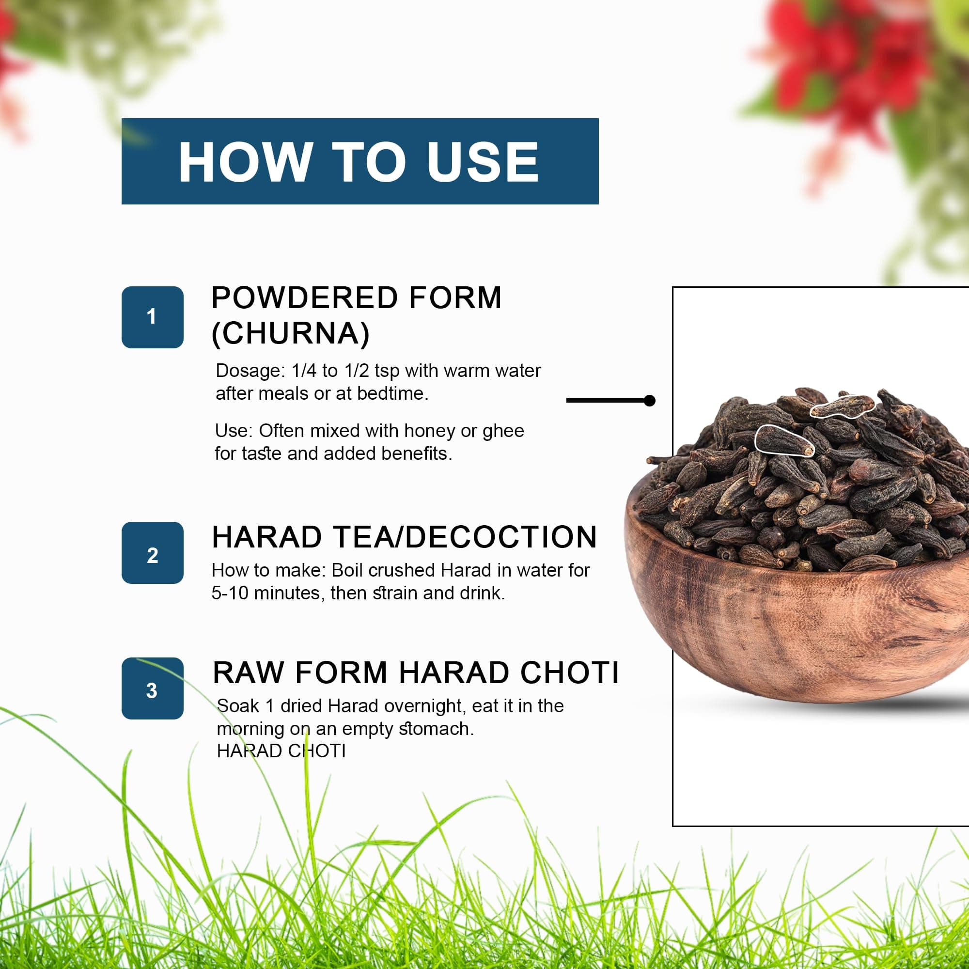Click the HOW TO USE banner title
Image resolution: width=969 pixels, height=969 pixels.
359,161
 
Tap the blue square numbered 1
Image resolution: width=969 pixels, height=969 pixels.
153,317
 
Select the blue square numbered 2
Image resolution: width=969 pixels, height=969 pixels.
153,553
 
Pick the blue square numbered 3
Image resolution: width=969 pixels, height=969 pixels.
153,688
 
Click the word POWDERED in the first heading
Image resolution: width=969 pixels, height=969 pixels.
305,297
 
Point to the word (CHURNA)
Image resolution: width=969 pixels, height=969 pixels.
291,333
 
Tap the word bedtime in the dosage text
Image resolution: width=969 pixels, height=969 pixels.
393,393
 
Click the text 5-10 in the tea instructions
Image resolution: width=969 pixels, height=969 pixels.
230,593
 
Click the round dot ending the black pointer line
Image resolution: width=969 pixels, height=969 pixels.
650,400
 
